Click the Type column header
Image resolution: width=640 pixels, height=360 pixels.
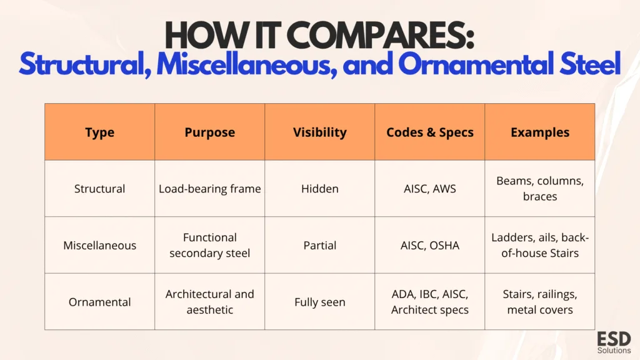[x=99, y=132]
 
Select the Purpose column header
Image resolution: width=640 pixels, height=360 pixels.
[x=210, y=132]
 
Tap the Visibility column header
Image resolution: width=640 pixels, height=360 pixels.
[x=319, y=132]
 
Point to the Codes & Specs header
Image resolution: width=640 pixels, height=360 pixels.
[x=430, y=132]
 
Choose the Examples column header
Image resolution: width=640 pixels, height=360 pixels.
[x=540, y=132]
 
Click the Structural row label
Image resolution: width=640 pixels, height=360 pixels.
[x=99, y=189]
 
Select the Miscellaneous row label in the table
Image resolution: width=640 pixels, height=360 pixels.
[x=99, y=245]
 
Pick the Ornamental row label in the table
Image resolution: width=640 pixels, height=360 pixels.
[x=99, y=302]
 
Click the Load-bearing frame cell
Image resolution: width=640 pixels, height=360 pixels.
[x=210, y=189]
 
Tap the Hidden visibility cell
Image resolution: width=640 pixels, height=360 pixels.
[x=319, y=189]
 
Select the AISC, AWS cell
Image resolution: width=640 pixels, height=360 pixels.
[x=430, y=189]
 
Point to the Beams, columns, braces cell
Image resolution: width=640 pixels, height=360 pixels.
[x=540, y=189]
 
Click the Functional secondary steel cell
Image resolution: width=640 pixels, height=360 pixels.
[x=210, y=245]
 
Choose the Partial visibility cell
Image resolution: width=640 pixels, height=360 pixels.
[x=319, y=245]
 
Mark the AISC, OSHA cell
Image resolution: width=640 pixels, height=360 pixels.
[x=430, y=245]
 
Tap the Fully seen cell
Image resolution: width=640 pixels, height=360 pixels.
[x=319, y=302]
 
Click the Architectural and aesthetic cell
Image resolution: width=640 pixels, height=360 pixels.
[x=210, y=302]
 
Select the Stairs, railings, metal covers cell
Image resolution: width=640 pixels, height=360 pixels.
[x=540, y=302]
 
